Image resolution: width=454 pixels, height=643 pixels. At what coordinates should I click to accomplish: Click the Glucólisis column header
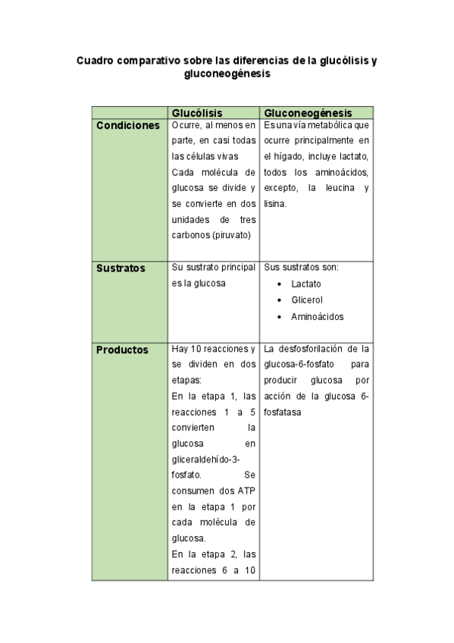click(197, 113)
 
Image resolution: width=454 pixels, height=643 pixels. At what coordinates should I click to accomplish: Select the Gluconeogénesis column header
click(308, 113)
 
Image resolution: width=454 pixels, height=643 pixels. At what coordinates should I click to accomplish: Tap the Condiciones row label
click(128, 125)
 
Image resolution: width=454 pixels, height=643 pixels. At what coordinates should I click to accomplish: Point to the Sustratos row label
click(121, 268)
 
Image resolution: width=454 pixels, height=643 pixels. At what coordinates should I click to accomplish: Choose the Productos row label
click(122, 350)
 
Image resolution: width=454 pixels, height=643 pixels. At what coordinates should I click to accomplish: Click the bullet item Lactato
click(305, 284)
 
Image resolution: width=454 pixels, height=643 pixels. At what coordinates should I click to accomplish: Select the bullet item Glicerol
click(307, 300)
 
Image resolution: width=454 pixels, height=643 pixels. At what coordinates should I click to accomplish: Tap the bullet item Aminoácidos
click(317, 316)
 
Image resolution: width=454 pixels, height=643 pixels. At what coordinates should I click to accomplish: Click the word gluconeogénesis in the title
click(227, 74)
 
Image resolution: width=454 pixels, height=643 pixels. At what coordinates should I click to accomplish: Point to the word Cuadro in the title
click(95, 59)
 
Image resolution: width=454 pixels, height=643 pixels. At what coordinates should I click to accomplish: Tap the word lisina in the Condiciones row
click(274, 204)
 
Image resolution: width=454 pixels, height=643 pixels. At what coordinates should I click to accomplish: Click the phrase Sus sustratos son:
click(301, 268)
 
